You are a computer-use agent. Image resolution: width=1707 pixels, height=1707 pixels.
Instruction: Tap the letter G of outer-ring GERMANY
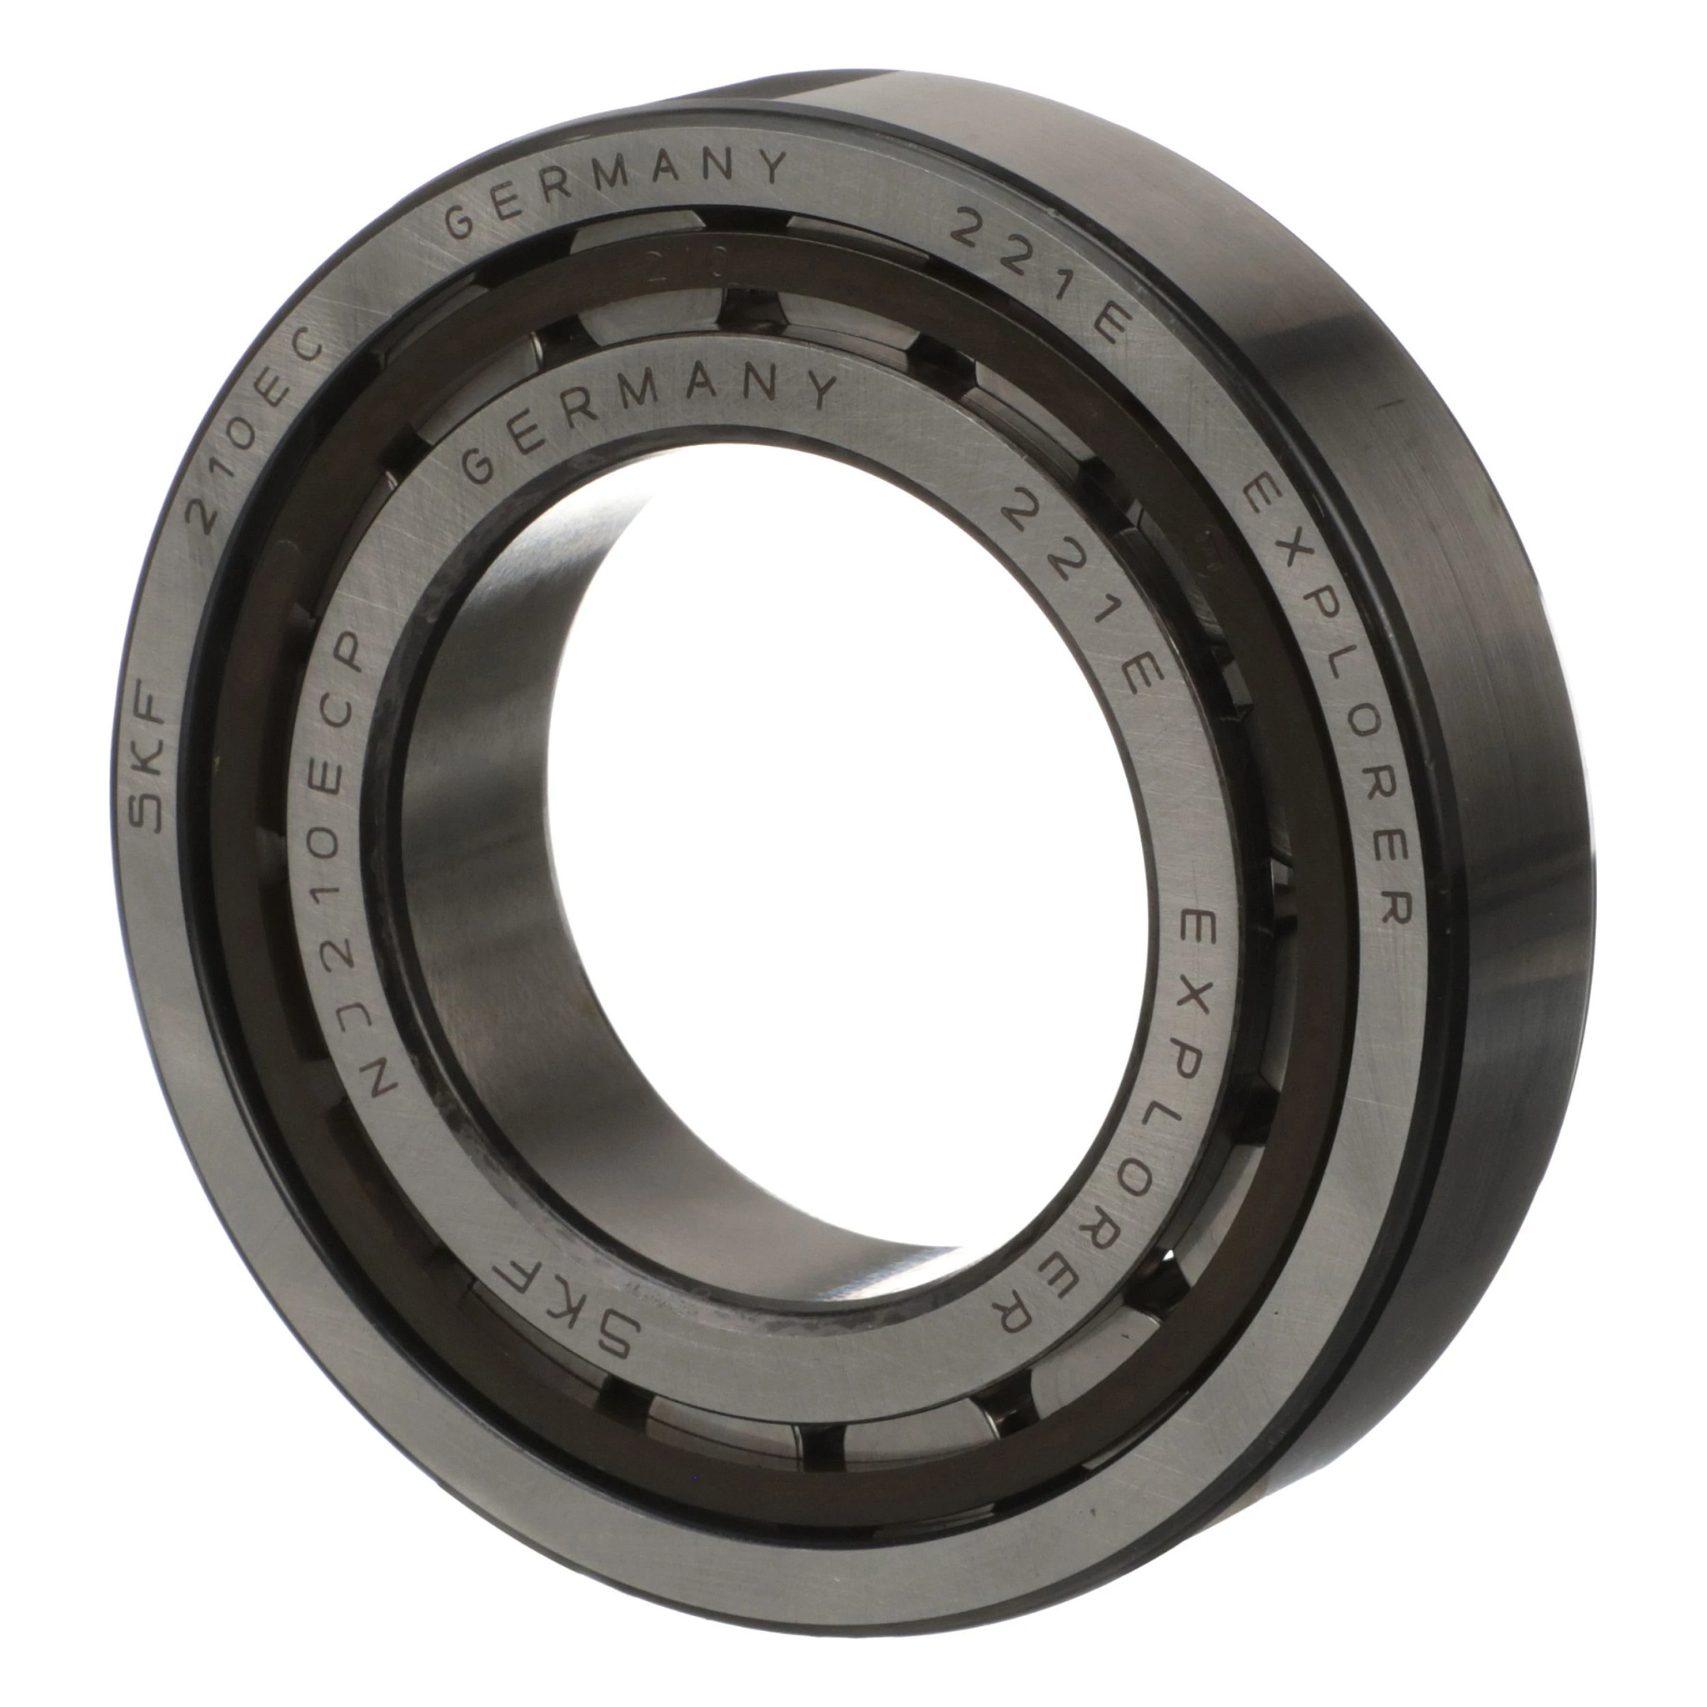click(461, 223)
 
